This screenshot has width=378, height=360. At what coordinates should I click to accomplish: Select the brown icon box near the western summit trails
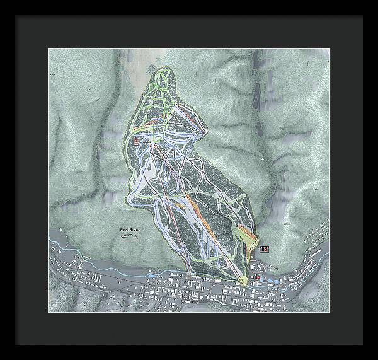pos(135,141)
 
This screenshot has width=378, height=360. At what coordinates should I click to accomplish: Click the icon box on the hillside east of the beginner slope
pos(265,249)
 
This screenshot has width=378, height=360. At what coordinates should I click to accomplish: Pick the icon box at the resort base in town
pos(256,276)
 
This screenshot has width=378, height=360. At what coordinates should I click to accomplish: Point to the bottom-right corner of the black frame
pos(362,344)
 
